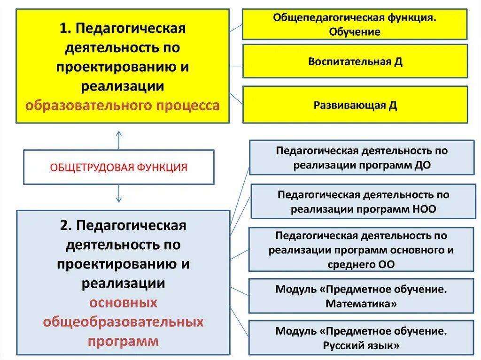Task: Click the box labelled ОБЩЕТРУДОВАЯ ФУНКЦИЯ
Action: click(118, 167)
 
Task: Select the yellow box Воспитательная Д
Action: click(355, 61)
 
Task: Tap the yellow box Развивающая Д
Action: click(355, 105)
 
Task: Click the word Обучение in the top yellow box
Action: click(355, 32)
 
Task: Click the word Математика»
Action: click(361, 304)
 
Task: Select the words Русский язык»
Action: click(361, 346)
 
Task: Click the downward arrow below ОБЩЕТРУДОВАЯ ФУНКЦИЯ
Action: click(118, 193)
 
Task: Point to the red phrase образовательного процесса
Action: click(123, 105)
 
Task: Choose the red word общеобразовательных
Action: click(123, 322)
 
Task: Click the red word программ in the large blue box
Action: click(123, 341)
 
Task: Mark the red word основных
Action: click(123, 303)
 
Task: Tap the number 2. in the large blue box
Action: click(66, 226)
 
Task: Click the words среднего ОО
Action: click(361, 264)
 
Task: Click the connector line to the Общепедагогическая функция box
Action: click(236, 27)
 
